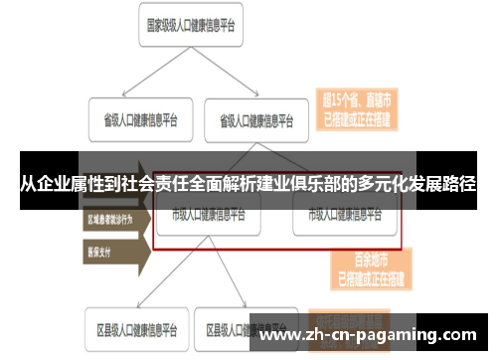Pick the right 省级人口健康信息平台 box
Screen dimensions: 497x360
tap(256, 121)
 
